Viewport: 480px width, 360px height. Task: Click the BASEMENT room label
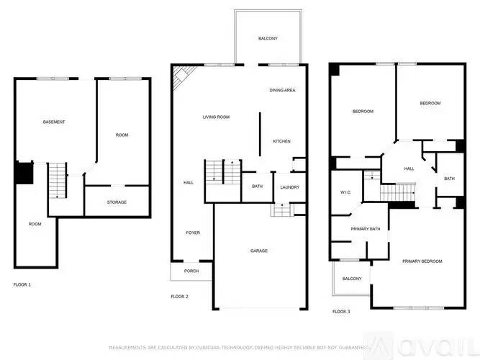pyautogui.click(x=54, y=122)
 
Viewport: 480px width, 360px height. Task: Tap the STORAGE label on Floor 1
pyautogui.click(x=117, y=202)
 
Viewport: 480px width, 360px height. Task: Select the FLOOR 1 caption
pyautogui.click(x=22, y=285)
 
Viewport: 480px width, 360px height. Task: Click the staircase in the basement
pyautogui.click(x=57, y=180)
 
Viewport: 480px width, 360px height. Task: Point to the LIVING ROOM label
pyautogui.click(x=215, y=117)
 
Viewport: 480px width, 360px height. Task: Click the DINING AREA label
pyautogui.click(x=283, y=90)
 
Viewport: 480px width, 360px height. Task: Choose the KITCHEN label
pyautogui.click(x=281, y=141)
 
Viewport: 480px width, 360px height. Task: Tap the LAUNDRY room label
pyautogui.click(x=289, y=187)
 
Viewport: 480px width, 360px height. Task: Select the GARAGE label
pyautogui.click(x=259, y=251)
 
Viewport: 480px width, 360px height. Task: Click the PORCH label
pyautogui.click(x=191, y=271)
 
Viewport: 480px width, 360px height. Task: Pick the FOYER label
pyautogui.click(x=193, y=233)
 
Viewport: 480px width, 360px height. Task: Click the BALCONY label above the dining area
pyautogui.click(x=268, y=38)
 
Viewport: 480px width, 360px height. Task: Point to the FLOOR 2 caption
pyautogui.click(x=179, y=297)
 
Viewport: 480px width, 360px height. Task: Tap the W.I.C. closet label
pyautogui.click(x=345, y=192)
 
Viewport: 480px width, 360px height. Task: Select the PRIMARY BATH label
pyautogui.click(x=365, y=229)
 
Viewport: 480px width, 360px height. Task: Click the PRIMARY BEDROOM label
pyautogui.click(x=422, y=261)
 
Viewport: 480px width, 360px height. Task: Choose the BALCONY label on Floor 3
pyautogui.click(x=352, y=279)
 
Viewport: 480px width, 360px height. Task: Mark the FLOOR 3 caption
pyautogui.click(x=340, y=311)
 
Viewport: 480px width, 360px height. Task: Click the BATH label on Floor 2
pyautogui.click(x=257, y=187)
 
